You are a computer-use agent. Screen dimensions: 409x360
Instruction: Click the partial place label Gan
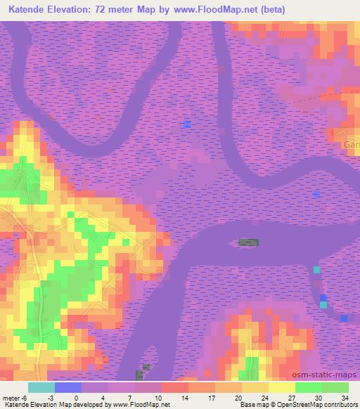coord(351,144)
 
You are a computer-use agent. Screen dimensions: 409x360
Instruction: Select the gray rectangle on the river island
coord(248,242)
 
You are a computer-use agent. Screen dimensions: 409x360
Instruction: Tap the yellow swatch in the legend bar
coord(281,387)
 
